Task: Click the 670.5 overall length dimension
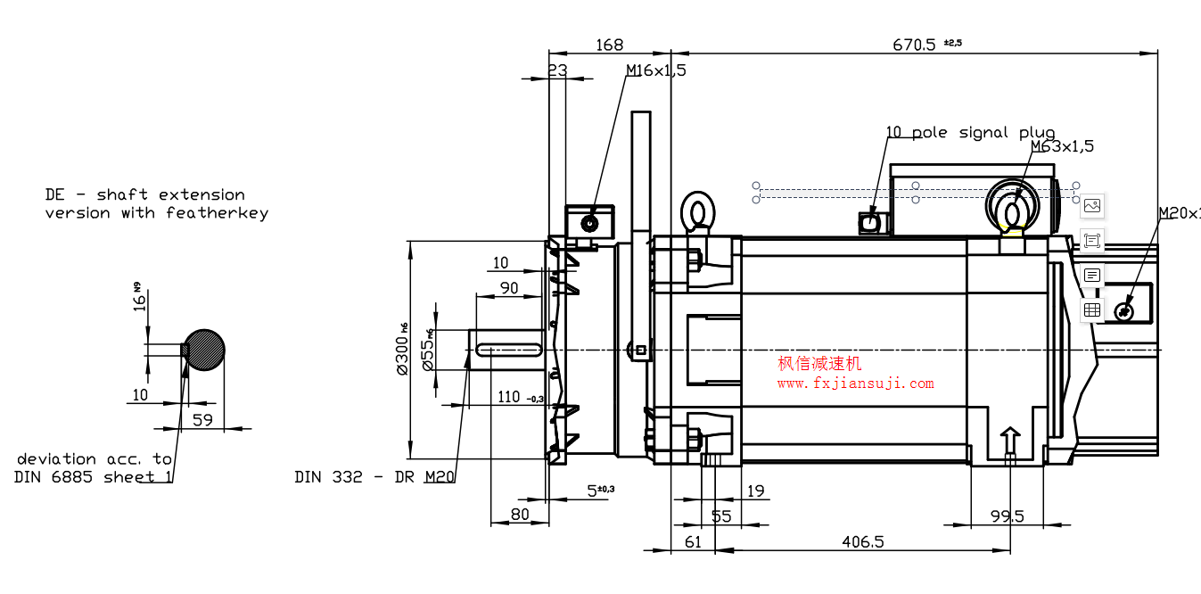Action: (x=915, y=45)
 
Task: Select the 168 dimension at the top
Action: (x=610, y=45)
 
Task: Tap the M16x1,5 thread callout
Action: (x=655, y=70)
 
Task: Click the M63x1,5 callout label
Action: (x=1062, y=146)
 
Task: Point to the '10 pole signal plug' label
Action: (x=970, y=133)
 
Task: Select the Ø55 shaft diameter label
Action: (x=429, y=350)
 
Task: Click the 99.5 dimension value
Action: (x=1008, y=516)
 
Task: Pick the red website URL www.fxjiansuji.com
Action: (x=855, y=384)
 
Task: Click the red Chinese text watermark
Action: (x=820, y=364)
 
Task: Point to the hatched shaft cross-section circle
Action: (x=204, y=350)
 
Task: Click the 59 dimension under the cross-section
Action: (x=203, y=419)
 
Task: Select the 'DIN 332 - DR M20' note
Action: (x=374, y=477)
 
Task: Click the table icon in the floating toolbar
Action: (x=1092, y=309)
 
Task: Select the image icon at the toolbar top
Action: (x=1092, y=206)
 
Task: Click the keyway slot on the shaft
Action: (x=509, y=350)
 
